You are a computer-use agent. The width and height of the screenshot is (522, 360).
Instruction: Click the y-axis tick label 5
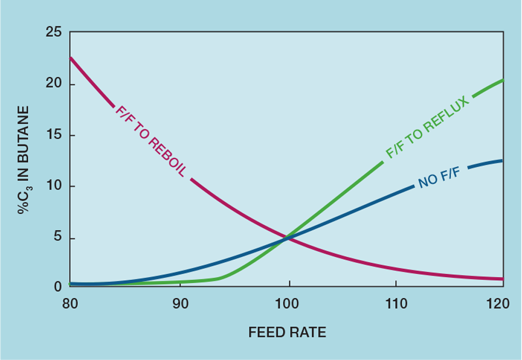58,238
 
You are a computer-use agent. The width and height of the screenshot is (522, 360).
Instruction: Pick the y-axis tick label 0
58,288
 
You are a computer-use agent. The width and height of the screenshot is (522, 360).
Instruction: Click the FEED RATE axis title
287,333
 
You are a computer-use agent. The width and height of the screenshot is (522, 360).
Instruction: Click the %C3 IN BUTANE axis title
23,160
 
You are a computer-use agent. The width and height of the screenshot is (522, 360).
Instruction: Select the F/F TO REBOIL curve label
151,141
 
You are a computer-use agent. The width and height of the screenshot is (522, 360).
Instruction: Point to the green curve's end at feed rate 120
503,80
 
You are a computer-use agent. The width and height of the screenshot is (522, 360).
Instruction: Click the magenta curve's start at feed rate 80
71,58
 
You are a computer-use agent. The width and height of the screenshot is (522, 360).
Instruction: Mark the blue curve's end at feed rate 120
503,160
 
